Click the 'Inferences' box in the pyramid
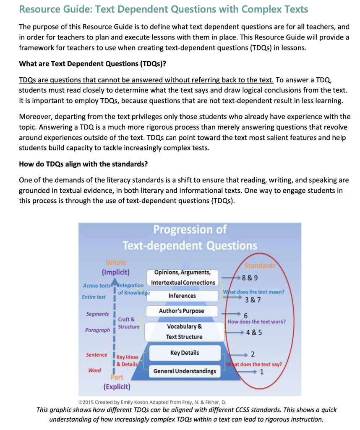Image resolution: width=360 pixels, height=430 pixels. [x=182, y=296]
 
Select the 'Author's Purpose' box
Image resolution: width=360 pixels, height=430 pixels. [x=182, y=311]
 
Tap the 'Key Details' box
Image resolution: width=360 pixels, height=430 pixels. [x=185, y=353]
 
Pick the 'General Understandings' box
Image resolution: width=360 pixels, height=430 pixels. [x=185, y=371]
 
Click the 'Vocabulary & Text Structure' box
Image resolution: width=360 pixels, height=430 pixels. [x=184, y=331]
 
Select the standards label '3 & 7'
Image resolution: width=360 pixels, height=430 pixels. [x=253, y=300]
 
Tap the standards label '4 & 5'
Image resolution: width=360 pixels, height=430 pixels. [x=254, y=332]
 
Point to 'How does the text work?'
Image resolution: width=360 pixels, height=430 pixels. [x=257, y=322]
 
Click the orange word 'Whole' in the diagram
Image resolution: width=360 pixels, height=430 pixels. [x=116, y=263]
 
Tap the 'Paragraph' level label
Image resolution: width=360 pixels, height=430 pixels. [x=97, y=330]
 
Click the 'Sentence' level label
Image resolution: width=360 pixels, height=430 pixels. [x=97, y=355]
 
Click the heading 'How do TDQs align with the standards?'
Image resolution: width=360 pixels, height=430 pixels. [x=83, y=163]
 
